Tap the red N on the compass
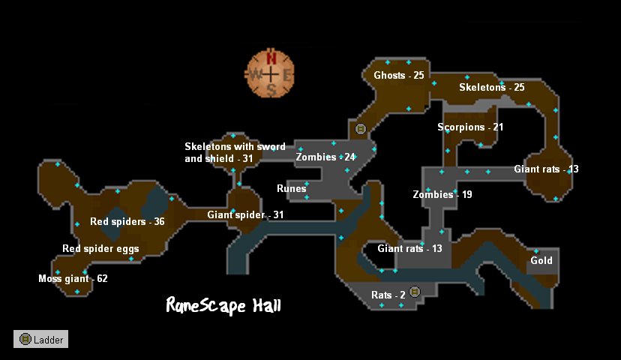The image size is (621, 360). pos(271,58)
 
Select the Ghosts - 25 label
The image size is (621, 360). pos(398,76)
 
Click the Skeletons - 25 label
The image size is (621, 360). pos(491,88)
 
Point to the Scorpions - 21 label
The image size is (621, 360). pos(470,127)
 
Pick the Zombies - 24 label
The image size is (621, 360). pos(325,157)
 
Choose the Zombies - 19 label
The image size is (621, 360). pos(442,195)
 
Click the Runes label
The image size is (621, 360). pos(291,189)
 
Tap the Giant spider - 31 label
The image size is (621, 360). pos(245,215)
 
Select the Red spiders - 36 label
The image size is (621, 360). pos(127,222)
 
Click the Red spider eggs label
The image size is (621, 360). pos(100,249)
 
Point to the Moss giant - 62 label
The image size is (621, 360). pos(73,279)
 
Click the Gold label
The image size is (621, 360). pos(541,261)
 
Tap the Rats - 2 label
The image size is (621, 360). pos(388,295)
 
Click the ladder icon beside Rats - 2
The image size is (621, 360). pos(415,292)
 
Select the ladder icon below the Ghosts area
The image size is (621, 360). pos(360,129)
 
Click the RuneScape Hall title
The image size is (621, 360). pos(223,305)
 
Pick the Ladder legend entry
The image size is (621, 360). pos(40,340)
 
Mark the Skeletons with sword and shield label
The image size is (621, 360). pos(235,152)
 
